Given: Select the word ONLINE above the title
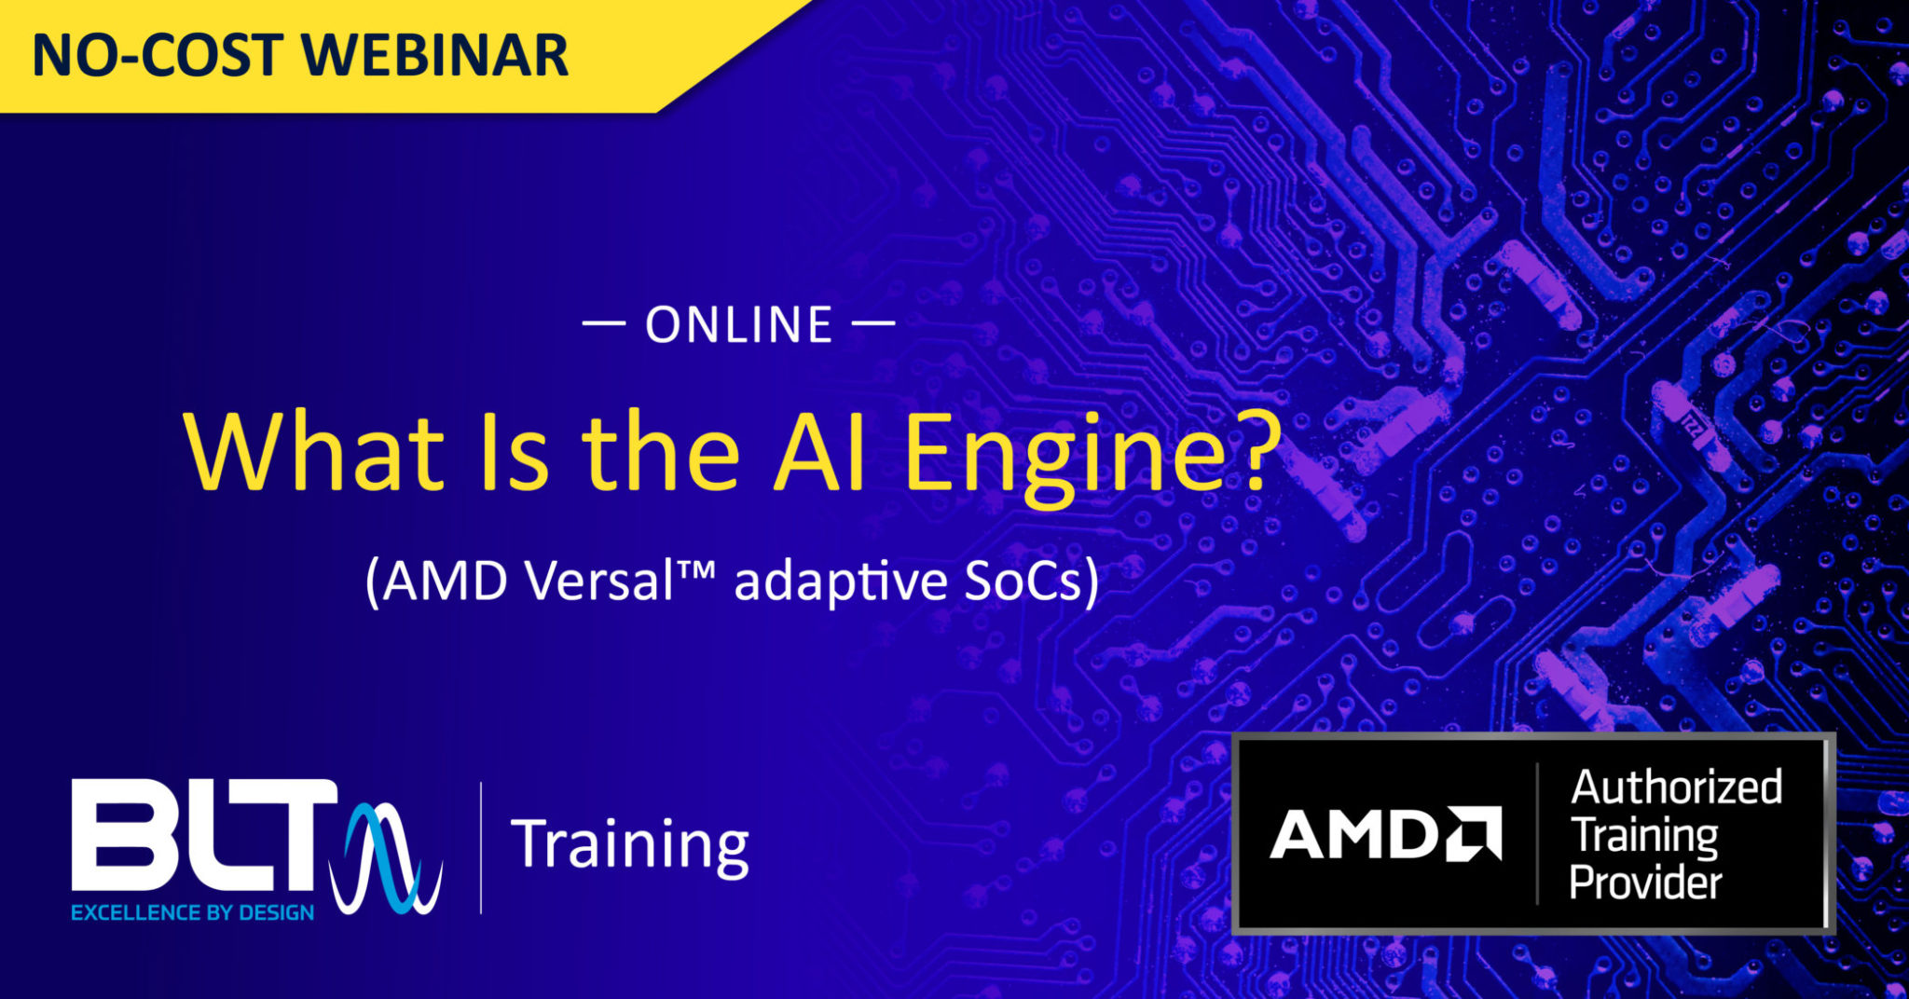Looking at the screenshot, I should coord(739,325).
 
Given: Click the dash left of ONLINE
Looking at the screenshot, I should coord(604,324).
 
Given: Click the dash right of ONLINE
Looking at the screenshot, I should coord(873,324).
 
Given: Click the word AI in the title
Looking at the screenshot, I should coord(818,452).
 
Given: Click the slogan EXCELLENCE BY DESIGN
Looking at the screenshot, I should coord(192,913).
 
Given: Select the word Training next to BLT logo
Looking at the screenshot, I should coord(629,844).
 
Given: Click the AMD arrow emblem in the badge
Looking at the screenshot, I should coord(1474,832).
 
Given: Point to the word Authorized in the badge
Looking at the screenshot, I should coord(1676,787).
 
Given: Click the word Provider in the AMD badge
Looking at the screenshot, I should coord(1645,883).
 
